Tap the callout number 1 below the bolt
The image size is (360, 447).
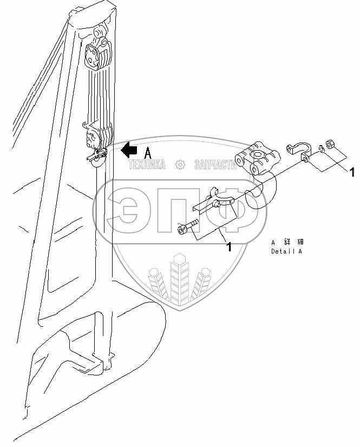click(x=228, y=247)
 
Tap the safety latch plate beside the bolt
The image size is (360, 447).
click(x=214, y=201)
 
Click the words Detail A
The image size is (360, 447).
click(x=287, y=252)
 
